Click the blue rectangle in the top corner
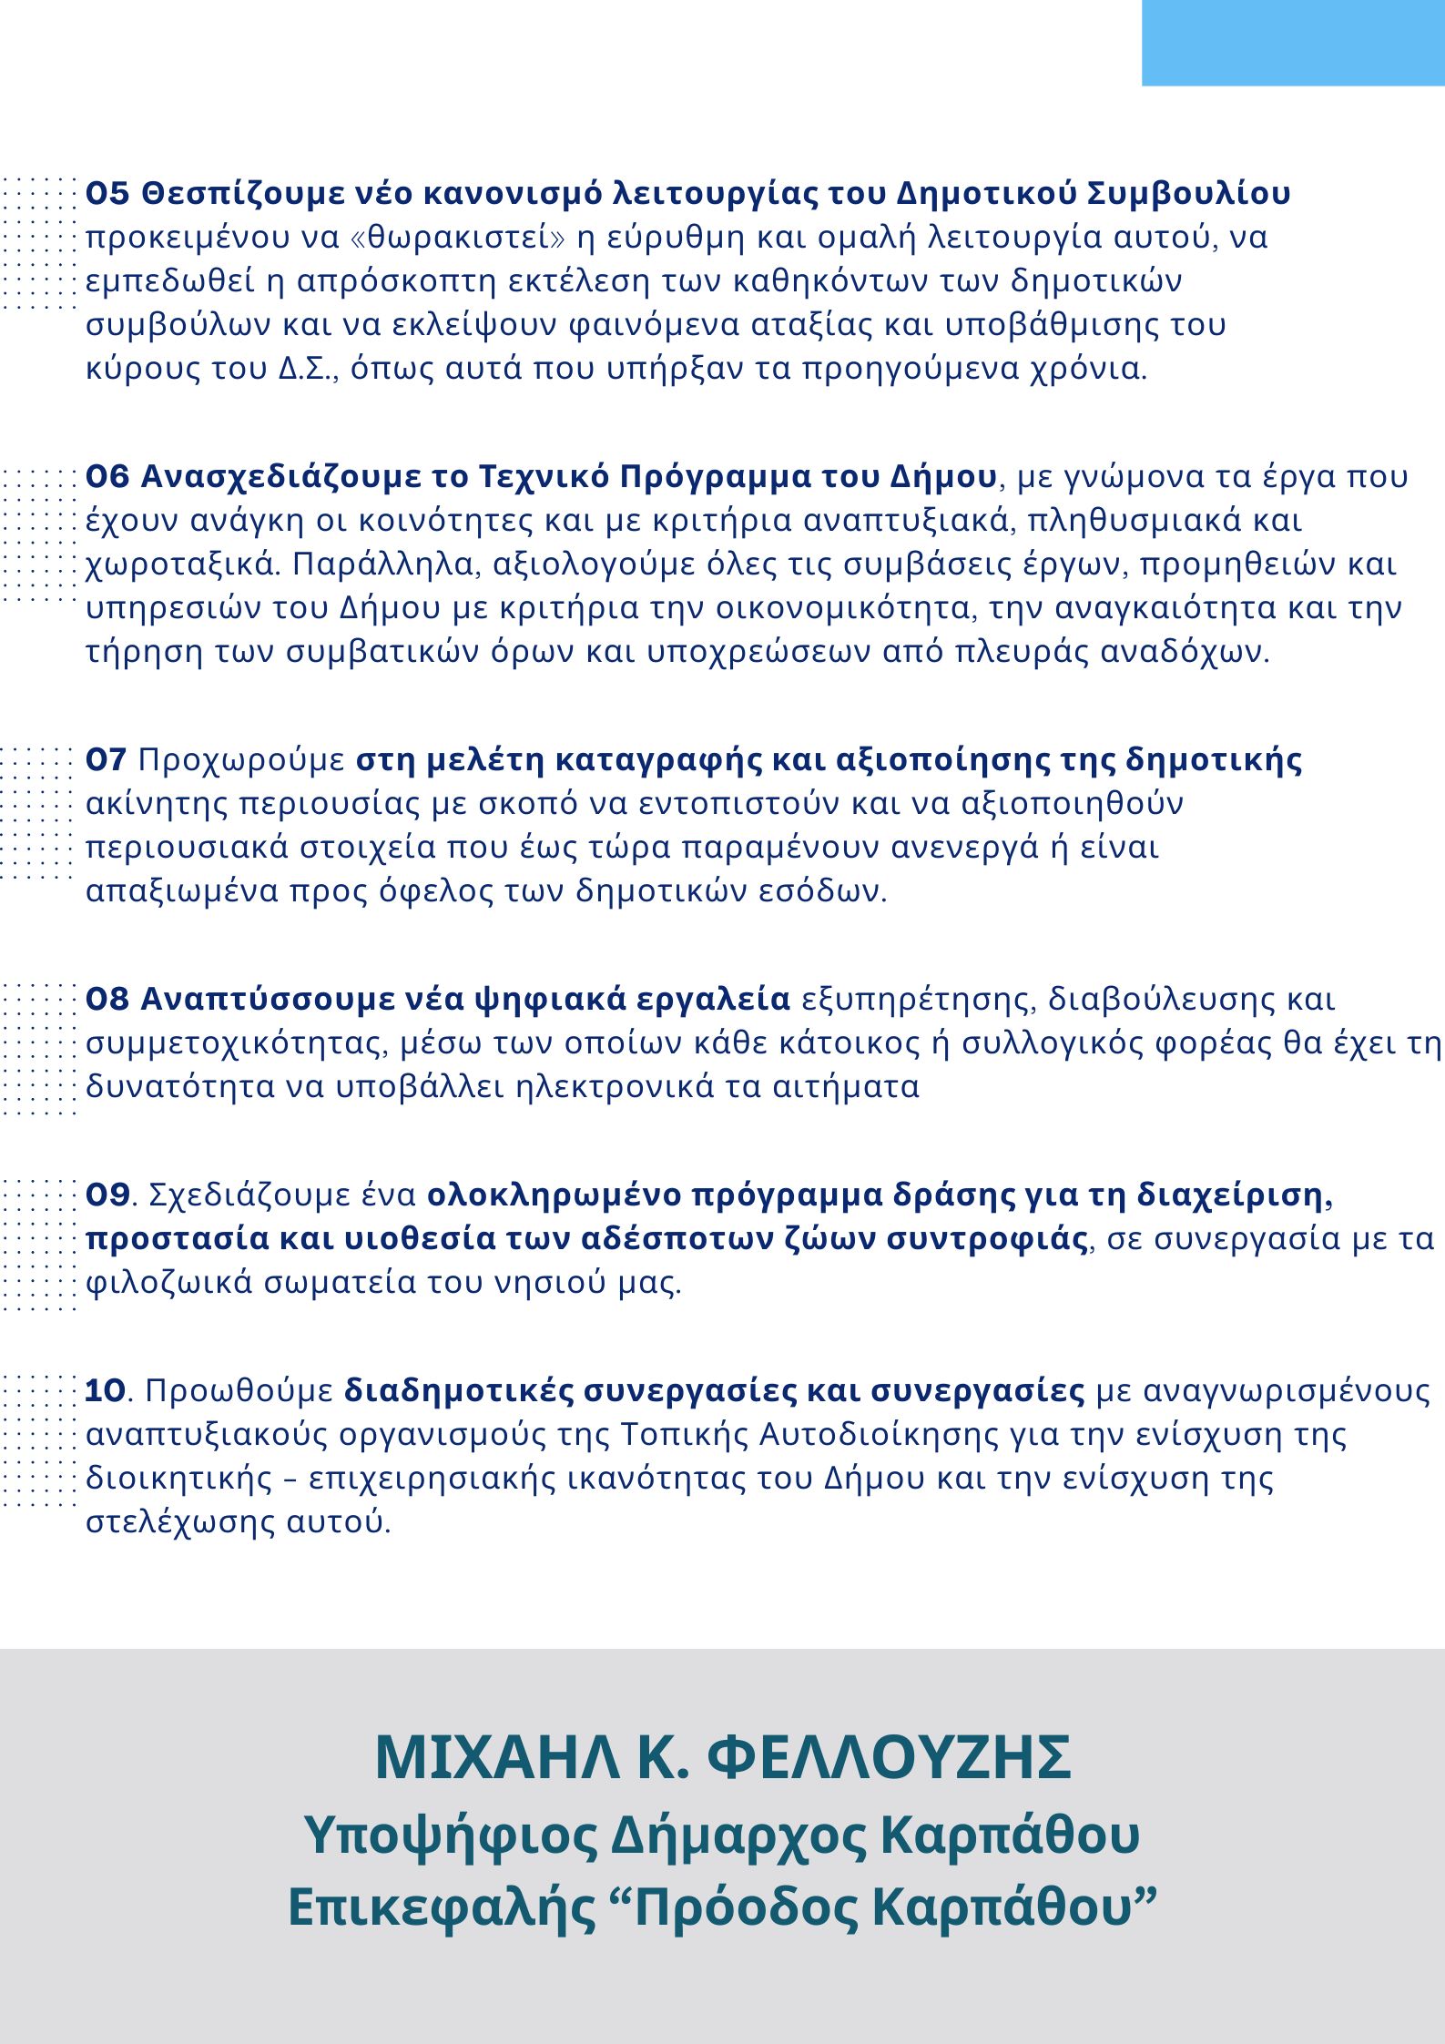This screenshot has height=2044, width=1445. point(1293,43)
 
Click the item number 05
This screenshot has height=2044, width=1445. point(107,194)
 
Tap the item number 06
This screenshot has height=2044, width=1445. point(107,477)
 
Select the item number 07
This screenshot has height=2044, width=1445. point(106,760)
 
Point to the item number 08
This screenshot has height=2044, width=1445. point(107,1000)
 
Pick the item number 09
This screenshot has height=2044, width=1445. point(107,1195)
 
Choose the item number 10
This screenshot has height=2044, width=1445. point(105,1391)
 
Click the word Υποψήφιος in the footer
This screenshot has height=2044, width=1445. point(449,1836)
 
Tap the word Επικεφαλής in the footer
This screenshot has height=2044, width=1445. point(441,1908)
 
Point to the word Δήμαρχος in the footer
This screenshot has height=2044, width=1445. point(738,1836)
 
